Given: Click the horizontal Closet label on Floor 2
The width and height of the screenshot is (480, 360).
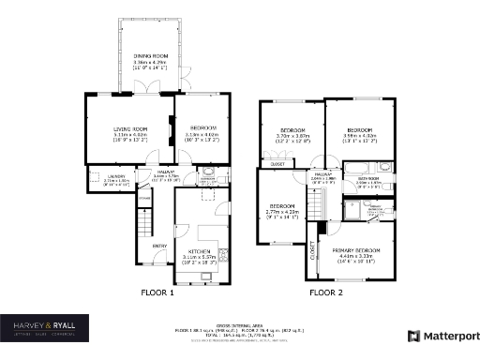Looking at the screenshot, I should [277, 163].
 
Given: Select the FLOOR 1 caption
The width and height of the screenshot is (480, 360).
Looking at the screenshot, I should [157, 292].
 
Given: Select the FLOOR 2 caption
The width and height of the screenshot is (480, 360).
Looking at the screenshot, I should [327, 292].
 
